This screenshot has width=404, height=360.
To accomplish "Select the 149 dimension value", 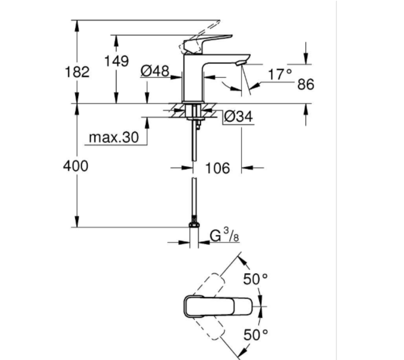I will [x=116, y=61].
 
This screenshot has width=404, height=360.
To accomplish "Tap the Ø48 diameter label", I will [x=155, y=71].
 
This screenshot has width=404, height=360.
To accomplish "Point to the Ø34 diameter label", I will [x=238, y=118].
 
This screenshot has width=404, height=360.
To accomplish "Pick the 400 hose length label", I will [x=76, y=166].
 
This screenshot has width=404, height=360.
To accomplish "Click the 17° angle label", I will [x=279, y=75].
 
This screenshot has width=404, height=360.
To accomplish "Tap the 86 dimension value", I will [x=306, y=85].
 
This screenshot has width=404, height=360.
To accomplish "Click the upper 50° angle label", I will [x=256, y=279].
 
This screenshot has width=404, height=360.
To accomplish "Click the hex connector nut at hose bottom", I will [x=193, y=225].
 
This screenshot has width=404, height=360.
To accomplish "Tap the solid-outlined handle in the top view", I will [x=218, y=306].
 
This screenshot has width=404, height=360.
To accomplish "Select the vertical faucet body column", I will [x=192, y=80].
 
